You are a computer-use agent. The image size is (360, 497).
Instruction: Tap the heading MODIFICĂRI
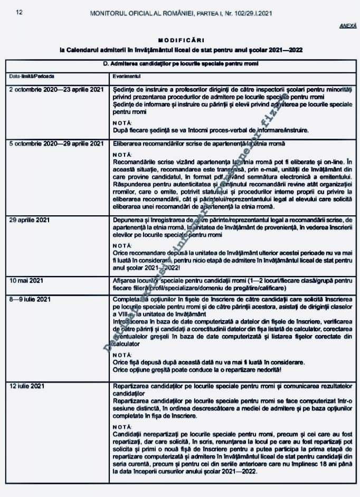(180, 40)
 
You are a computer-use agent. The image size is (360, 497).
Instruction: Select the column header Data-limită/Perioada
(28, 77)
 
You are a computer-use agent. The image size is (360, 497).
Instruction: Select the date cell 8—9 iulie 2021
(30, 300)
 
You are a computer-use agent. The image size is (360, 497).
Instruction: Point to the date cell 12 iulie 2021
(26, 387)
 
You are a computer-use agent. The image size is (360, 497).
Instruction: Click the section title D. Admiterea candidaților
(180, 64)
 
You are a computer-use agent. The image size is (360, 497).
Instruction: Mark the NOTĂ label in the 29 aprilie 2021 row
(122, 245)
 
